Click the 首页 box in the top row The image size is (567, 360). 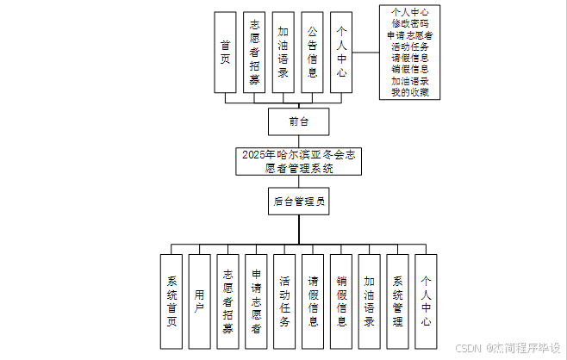tap(225, 52)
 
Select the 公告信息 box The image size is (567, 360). tap(312, 52)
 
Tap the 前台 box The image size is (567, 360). tap(298, 121)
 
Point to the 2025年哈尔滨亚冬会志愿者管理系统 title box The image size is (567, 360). tap(298, 161)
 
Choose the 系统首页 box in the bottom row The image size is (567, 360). tap(171, 301)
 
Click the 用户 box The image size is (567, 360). tap(200, 301)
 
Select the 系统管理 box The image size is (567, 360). tap(397, 301)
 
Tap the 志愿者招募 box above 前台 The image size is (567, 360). tap(254, 52)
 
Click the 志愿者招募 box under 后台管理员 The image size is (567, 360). tap(227, 301)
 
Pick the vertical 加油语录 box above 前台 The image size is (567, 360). tap(283, 52)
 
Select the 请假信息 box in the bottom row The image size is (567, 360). tap(313, 301)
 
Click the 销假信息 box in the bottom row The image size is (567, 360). tap(341, 301)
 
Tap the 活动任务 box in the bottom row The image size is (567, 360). tap(284, 301)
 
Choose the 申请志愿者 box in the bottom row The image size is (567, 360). tap(256, 301)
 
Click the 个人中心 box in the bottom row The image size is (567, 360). tap(426, 301)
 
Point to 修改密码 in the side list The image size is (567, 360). tap(409, 24)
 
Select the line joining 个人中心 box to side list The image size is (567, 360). tap(366, 52)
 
